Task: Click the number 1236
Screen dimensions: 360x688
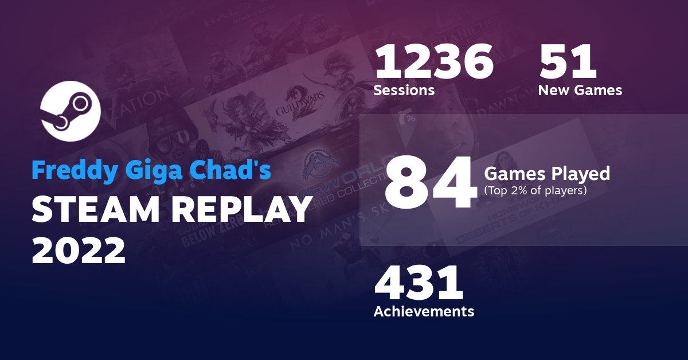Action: click(433, 63)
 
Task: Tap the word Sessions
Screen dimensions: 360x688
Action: click(404, 91)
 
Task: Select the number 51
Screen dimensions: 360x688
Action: click(568, 63)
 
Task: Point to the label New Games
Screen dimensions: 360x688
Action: click(580, 91)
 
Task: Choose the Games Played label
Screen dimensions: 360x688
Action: click(547, 173)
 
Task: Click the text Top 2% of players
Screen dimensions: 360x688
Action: click(535, 190)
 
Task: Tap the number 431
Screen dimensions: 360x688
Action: click(418, 284)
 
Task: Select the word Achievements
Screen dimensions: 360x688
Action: click(424, 311)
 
